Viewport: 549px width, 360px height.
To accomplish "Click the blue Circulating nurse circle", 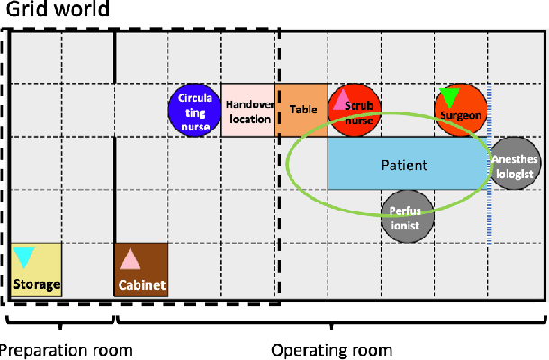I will click(x=195, y=112).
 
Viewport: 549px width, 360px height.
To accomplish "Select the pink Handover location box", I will click(x=248, y=110).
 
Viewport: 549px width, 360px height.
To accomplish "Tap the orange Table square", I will click(x=301, y=110).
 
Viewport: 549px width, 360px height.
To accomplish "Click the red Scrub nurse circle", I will click(x=355, y=111).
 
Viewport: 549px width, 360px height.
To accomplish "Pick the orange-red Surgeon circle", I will click(x=462, y=111).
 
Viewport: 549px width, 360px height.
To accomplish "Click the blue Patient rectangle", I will click(x=405, y=164).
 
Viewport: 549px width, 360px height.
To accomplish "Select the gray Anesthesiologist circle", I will click(x=517, y=164).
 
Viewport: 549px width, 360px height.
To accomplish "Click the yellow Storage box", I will click(x=36, y=270).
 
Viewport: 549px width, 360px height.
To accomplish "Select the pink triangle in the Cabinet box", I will click(x=130, y=259).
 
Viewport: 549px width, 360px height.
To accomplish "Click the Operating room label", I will click(x=332, y=349).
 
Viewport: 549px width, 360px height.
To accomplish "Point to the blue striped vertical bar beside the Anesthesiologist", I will click(x=489, y=166).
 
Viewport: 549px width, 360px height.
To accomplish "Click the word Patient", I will click(x=404, y=165).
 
